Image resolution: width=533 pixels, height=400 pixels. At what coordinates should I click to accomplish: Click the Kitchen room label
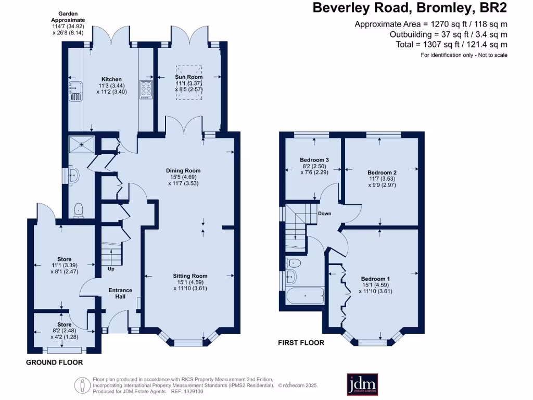[x=111, y=80]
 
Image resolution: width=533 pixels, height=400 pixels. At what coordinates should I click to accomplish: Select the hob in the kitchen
[x=145, y=90]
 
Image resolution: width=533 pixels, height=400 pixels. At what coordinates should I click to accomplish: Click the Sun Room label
[x=188, y=77]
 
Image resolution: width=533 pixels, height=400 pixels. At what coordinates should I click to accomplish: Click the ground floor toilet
[x=79, y=209]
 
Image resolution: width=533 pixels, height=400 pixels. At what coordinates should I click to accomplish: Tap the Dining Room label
[x=183, y=171]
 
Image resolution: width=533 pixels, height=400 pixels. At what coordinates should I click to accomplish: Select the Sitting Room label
[x=190, y=276]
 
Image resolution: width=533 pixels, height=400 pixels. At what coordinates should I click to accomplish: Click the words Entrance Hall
[x=120, y=294]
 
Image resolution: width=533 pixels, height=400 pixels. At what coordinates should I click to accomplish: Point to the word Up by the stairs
[x=111, y=269]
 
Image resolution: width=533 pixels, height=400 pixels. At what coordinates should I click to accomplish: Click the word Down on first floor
[x=325, y=214]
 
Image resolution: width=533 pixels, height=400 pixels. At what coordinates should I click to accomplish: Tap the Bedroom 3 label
[x=314, y=160]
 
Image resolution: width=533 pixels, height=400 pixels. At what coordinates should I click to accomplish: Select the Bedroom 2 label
[x=382, y=173]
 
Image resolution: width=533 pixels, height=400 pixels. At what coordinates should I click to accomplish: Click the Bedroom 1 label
[x=376, y=279]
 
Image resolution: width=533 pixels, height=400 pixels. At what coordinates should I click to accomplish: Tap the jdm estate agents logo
[x=362, y=384]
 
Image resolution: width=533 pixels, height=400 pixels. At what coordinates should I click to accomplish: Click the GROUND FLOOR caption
[x=54, y=362]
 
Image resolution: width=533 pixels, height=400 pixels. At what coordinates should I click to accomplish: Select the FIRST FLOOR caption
[x=301, y=343]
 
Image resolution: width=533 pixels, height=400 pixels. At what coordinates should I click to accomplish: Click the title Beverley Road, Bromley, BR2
[x=409, y=8]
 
